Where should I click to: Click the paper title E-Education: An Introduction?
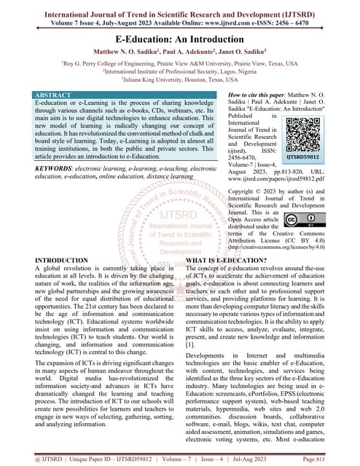[x=179, y=37]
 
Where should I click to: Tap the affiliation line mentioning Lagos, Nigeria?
[x=179, y=73]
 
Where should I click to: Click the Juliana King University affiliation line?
[x=179, y=82]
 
